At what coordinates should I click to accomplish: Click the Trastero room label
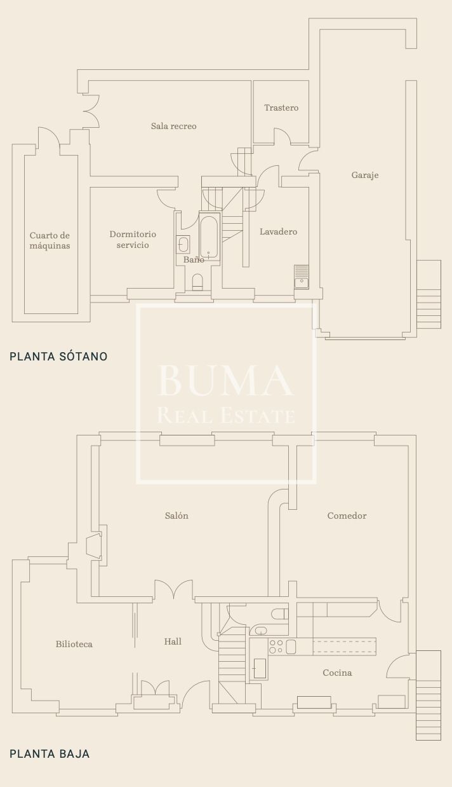tap(281, 107)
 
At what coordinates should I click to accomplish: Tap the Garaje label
tap(365, 175)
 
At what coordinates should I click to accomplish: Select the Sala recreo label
tap(174, 126)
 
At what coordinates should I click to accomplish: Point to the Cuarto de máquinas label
tap(50, 240)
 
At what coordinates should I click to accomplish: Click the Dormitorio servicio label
tap(133, 239)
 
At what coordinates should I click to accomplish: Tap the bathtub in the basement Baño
tap(209, 237)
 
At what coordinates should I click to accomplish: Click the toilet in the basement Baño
tap(197, 282)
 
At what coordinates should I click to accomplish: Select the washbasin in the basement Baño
tap(183, 244)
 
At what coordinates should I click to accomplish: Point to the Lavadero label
tap(278, 231)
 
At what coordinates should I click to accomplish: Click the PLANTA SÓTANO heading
tap(58, 356)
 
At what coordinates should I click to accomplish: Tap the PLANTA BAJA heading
tap(50, 753)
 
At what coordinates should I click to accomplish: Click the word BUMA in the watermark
tap(225, 381)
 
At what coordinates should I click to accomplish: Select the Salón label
tap(176, 516)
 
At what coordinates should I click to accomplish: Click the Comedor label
tap(347, 516)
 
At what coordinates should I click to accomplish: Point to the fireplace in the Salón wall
tap(94, 545)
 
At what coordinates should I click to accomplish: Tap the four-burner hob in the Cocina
tap(276, 647)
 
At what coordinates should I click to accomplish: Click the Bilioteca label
tap(74, 644)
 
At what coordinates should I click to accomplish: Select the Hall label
tap(173, 641)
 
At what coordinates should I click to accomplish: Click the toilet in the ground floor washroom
tap(280, 614)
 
